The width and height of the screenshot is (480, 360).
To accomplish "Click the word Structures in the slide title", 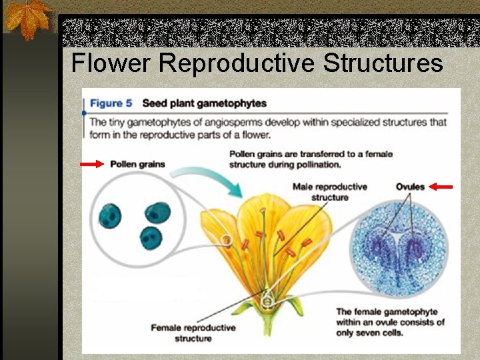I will [x=383, y=63].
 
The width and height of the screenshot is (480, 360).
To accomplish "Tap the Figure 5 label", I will [x=111, y=103].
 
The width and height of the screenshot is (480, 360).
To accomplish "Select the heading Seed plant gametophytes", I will [x=204, y=103].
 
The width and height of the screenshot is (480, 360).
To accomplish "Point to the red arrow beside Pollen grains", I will [x=92, y=164].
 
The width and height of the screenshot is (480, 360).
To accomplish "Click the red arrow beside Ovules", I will [x=441, y=187].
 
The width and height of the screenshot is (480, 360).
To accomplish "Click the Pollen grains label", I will [x=137, y=164].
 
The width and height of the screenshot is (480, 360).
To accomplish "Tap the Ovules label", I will [x=410, y=187].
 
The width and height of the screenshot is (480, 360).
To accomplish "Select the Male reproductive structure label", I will [x=329, y=192].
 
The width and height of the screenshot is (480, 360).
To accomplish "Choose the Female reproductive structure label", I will [x=193, y=333].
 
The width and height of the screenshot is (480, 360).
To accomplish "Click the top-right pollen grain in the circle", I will [x=158, y=213].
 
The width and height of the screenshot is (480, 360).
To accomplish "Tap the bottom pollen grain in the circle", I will [x=151, y=238].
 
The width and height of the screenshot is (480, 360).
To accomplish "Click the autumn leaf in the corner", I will [x=27, y=19].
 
